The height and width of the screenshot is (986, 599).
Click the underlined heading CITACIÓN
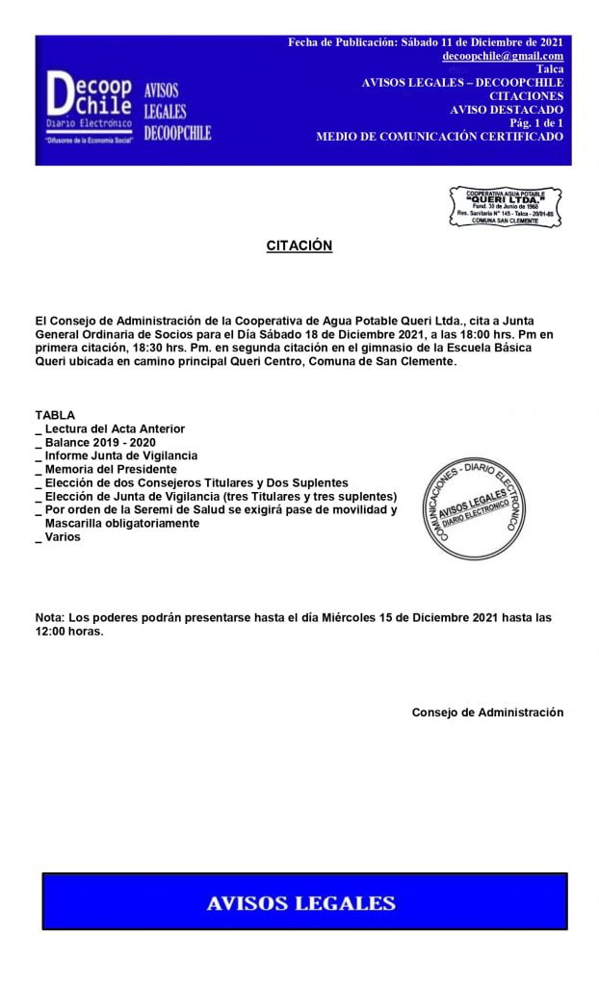[x=299, y=246]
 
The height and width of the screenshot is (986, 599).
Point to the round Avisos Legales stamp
[x=472, y=505]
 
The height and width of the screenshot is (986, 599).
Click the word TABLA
[x=55, y=415]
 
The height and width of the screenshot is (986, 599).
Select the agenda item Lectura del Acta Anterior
[x=115, y=428]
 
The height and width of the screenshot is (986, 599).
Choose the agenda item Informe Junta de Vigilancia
[x=120, y=455]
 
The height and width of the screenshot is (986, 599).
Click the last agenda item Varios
[x=63, y=536]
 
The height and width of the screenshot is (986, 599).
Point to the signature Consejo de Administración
[x=487, y=713]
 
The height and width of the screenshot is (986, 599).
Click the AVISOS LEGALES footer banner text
[x=301, y=903]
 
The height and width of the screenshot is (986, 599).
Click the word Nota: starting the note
[x=49, y=617]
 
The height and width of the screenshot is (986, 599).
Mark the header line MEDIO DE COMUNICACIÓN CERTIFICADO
[x=439, y=137]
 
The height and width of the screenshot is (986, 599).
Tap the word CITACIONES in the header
[x=526, y=96]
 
